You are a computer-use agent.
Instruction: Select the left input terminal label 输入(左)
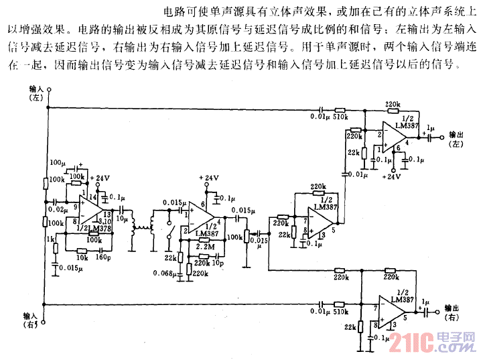tap(37, 93)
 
